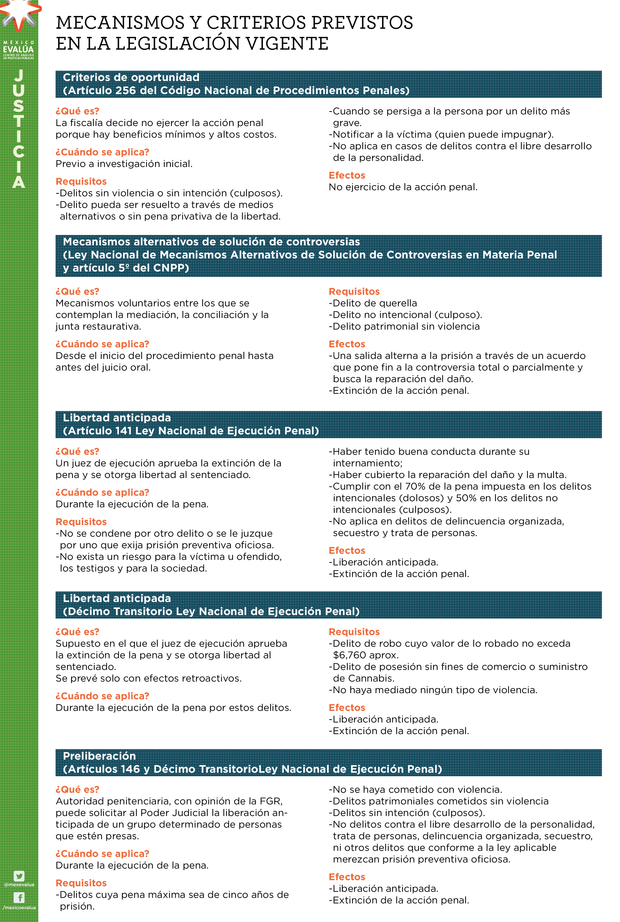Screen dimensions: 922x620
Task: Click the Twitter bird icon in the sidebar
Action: pyautogui.click(x=19, y=876)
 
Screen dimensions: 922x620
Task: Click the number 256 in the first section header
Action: pyautogui.click(x=126, y=91)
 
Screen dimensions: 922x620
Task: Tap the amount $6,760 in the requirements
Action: pyautogui.click(x=350, y=655)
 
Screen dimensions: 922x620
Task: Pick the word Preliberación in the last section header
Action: pyautogui.click(x=99, y=756)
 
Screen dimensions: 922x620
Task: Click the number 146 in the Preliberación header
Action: pyautogui.click(x=130, y=769)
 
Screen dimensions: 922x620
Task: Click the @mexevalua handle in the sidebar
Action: pyautogui.click(x=19, y=885)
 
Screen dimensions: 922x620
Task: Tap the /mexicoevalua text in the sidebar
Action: pyautogui.click(x=19, y=907)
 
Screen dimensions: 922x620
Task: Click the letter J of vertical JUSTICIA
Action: pyautogui.click(x=19, y=75)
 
